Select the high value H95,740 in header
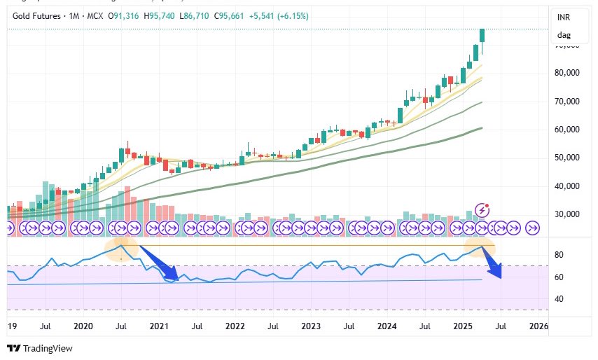(x=153, y=15)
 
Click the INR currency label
(x=563, y=16)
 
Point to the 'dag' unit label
(x=563, y=35)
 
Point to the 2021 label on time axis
(x=159, y=326)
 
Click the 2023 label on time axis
(x=311, y=326)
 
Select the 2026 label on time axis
(x=538, y=326)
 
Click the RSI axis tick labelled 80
(x=559, y=255)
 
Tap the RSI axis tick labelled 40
(x=559, y=299)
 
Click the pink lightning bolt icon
(x=482, y=209)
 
